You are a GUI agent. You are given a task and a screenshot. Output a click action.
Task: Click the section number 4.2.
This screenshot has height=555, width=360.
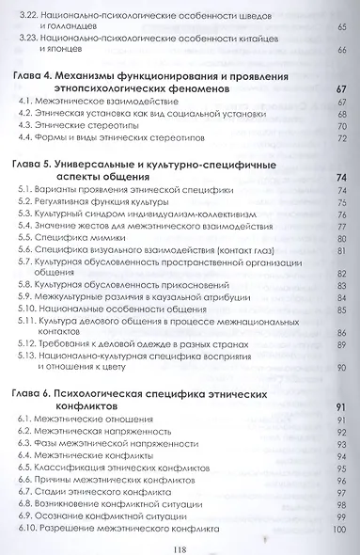point(29,111)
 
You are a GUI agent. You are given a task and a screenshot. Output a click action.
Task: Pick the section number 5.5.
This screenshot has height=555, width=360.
point(29,239)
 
